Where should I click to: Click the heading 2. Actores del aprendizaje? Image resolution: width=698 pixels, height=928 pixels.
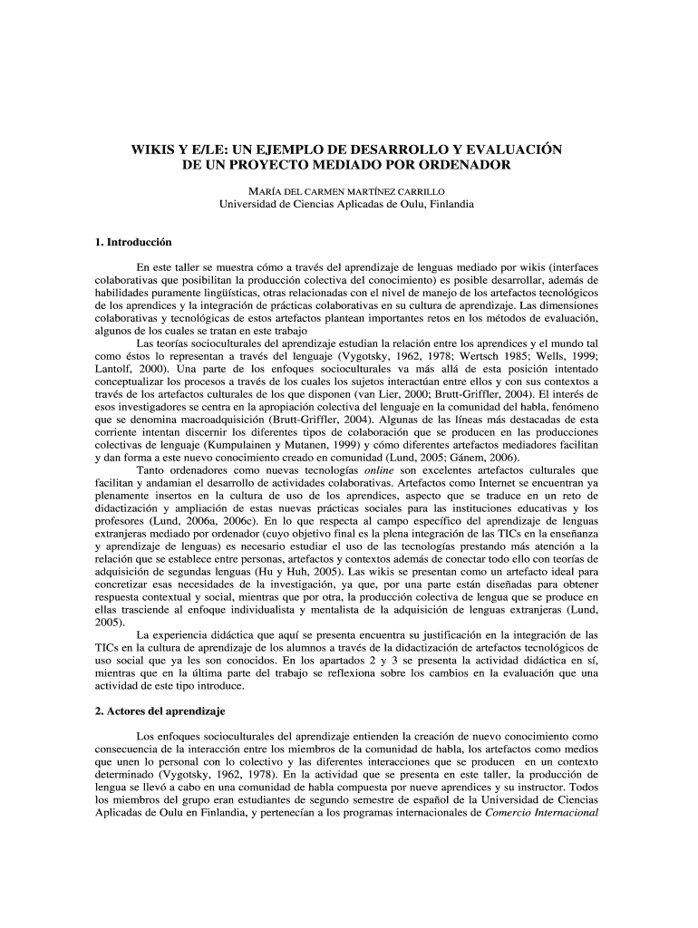160,710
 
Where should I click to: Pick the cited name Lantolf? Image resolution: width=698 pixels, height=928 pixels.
115,371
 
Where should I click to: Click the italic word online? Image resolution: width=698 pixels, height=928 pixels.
380,471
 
